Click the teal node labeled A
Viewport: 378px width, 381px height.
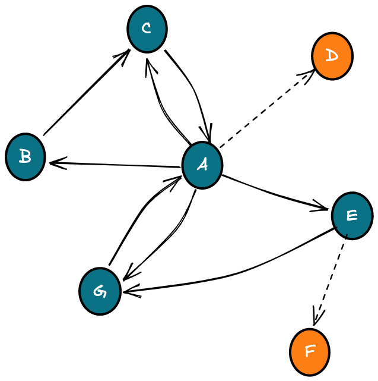click(202, 165)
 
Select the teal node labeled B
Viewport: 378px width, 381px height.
click(26, 157)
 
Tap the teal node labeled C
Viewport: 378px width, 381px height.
click(147, 29)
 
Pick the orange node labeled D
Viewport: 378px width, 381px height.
click(332, 56)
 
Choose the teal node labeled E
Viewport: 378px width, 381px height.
click(352, 216)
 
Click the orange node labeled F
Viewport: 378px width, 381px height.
click(310, 352)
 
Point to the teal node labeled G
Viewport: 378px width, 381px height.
click(100, 291)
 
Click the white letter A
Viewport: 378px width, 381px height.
click(202, 165)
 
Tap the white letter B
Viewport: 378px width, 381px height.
click(25, 157)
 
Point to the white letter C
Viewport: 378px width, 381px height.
click(147, 29)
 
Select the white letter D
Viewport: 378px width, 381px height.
click(332, 56)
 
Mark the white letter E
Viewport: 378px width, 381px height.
click(352, 215)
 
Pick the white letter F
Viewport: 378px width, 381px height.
click(310, 351)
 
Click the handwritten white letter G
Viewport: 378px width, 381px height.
click(100, 291)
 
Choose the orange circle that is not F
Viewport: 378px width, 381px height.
click(332, 56)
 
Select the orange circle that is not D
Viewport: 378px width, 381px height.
click(310, 352)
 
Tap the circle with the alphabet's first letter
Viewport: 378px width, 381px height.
click(202, 165)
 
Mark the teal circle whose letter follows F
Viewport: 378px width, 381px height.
click(100, 291)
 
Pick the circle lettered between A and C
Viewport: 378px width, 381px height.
click(26, 157)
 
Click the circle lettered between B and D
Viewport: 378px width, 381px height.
click(147, 29)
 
